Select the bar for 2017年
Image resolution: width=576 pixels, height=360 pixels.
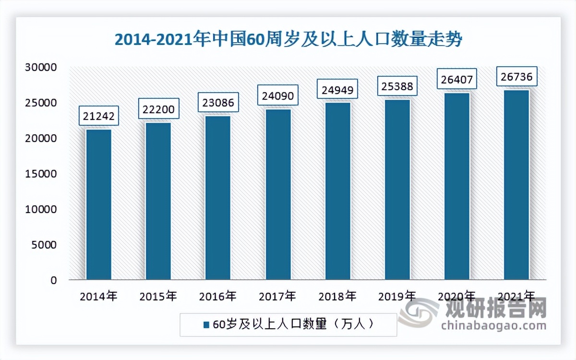pyautogui.click(x=278, y=194)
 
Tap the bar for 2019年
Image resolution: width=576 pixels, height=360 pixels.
pyautogui.click(x=397, y=189)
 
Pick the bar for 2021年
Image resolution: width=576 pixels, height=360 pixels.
pyautogui.click(x=516, y=184)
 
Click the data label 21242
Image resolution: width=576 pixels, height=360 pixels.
pyautogui.click(x=99, y=116)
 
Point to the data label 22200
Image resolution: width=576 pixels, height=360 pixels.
pyautogui.click(x=159, y=109)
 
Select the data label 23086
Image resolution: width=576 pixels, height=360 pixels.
pyautogui.click(x=218, y=102)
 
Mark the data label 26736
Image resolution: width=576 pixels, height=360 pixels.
pyautogui.click(x=516, y=76)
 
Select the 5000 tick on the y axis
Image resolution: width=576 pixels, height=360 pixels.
pyautogui.click(x=47, y=245)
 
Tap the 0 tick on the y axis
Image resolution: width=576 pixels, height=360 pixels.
pyautogui.click(x=54, y=280)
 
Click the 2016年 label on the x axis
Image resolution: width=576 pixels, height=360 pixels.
pyautogui.click(x=218, y=296)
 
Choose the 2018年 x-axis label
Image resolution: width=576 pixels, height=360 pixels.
pyautogui.click(x=338, y=296)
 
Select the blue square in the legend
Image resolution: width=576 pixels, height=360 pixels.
pyautogui.click(x=206, y=325)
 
